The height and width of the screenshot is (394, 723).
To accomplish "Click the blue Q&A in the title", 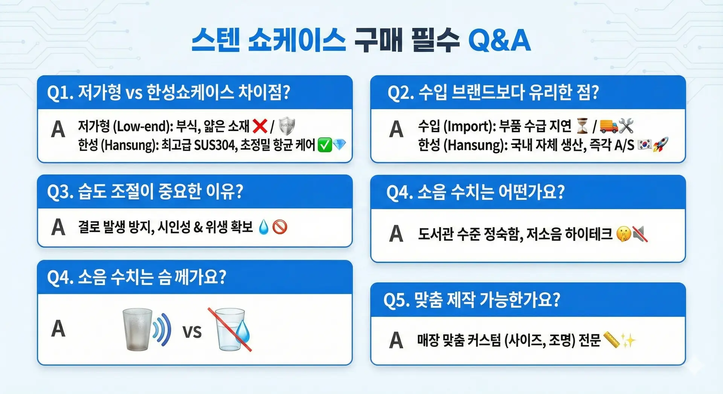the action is [499, 40].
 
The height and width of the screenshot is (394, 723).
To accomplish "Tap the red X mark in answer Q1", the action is [260, 126].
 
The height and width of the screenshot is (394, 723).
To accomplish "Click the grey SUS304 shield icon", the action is [287, 126].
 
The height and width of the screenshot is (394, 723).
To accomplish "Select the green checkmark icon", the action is [325, 145].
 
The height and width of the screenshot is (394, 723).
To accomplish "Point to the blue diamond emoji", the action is [339, 145].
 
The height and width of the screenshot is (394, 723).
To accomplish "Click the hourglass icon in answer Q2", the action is [582, 126].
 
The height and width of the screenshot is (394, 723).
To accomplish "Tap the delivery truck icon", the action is [609, 126].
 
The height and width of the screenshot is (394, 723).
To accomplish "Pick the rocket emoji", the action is [660, 145].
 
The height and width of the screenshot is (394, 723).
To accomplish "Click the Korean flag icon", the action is [645, 145].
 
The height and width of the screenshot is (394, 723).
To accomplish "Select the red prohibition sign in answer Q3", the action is [280, 227].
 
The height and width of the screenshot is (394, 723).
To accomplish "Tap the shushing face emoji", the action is [624, 234].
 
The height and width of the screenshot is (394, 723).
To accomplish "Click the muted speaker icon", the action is [640, 234].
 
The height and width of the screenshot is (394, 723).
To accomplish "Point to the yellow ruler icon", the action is [612, 340].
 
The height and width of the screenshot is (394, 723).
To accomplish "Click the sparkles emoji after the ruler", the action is [628, 341].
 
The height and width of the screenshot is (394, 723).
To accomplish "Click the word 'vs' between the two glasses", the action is [192, 332].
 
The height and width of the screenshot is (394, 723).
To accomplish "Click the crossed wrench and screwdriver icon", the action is [626, 126].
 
